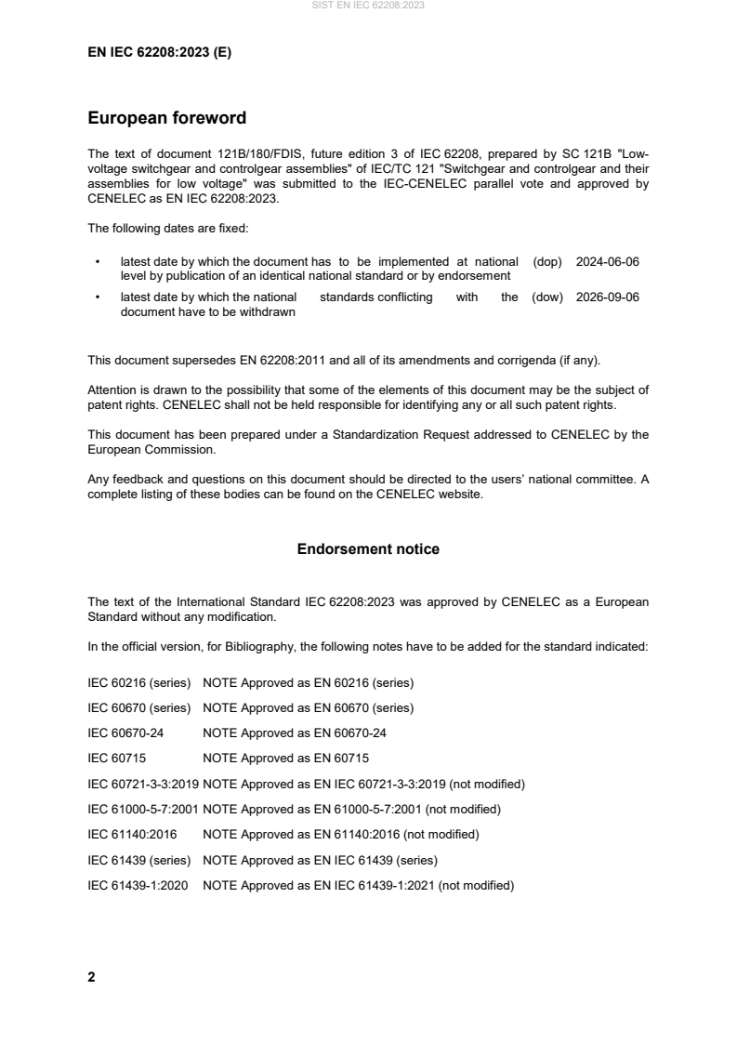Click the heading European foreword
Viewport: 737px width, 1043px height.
click(x=166, y=118)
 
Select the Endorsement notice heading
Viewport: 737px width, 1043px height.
click(x=368, y=549)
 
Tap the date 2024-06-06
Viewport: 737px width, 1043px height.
click(x=607, y=262)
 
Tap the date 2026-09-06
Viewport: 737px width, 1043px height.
click(x=607, y=297)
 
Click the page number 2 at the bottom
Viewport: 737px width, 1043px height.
click(x=91, y=977)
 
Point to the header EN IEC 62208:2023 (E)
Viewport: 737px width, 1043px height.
click(x=159, y=53)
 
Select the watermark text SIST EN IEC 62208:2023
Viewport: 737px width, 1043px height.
click(x=368, y=6)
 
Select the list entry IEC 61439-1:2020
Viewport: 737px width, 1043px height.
click(x=138, y=885)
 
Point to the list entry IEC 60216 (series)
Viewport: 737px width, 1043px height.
click(x=138, y=682)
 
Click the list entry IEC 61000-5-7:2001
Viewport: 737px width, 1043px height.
click(x=142, y=809)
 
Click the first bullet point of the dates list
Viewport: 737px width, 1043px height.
click(x=98, y=262)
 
